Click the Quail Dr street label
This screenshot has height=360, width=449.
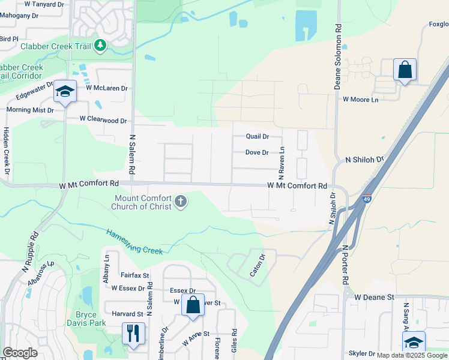coord(257,137)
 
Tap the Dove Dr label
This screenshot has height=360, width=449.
coord(257,152)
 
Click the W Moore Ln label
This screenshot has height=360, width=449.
coord(361,100)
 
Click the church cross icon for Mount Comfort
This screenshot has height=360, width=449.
coord(181,202)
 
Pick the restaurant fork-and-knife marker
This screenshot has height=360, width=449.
coord(133,332)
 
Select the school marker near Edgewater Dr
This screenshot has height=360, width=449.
coord(65,91)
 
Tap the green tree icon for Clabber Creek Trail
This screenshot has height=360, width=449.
coord(101,45)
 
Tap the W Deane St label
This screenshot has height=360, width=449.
coord(373,297)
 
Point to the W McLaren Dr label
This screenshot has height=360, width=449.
coord(107,88)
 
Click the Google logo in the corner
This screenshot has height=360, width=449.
coord(20,353)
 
